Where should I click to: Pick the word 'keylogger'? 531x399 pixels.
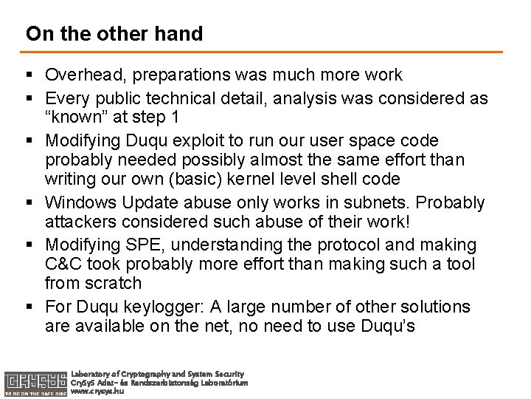[x=159, y=307]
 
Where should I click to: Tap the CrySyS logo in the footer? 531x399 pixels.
[x=34, y=380]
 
